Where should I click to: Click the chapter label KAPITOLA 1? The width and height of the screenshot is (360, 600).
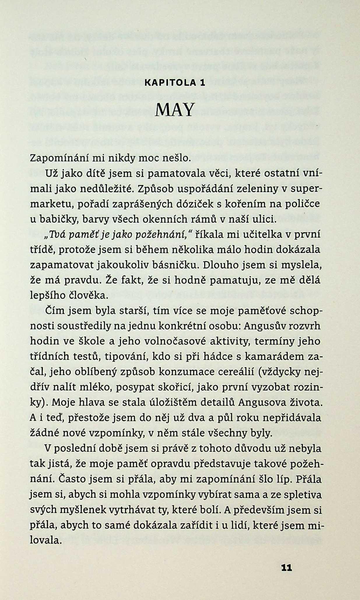point(175,83)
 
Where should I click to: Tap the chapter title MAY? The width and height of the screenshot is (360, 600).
point(175,110)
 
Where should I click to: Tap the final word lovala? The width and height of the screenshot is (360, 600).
point(46,541)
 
